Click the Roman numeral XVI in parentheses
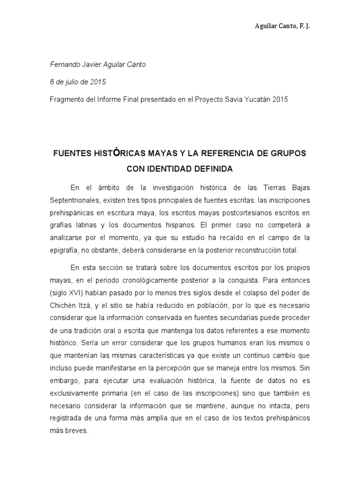coord(76,293)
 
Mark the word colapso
coord(256,293)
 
